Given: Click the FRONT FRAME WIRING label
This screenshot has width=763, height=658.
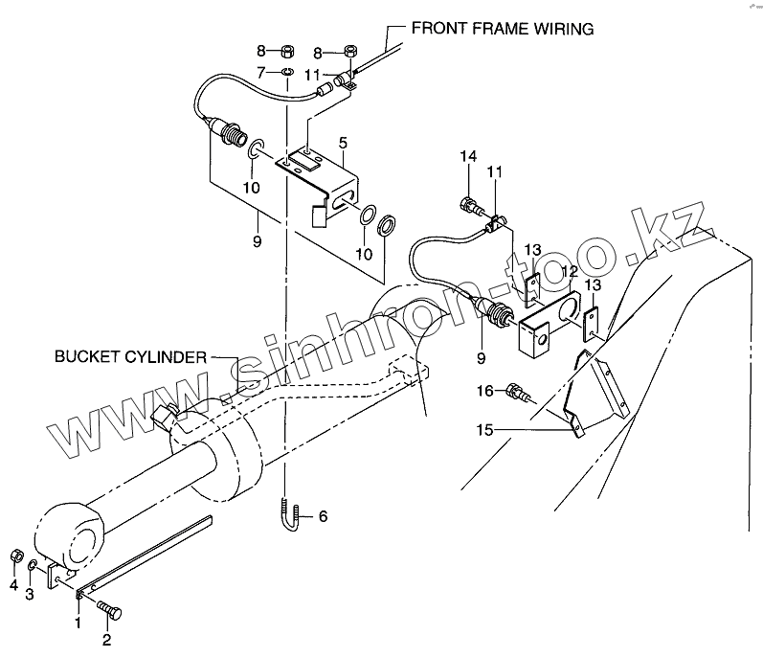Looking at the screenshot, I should tap(503, 28).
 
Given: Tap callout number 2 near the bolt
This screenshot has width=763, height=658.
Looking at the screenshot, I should tap(106, 640).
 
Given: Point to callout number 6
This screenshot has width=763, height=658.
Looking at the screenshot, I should tap(323, 516).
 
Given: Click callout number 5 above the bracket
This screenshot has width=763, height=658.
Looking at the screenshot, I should tap(343, 142).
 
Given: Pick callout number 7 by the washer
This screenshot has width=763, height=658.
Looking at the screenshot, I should tap(260, 72).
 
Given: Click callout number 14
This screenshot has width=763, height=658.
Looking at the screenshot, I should tap(468, 156).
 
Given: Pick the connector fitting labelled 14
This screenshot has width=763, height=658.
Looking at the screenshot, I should tap(470, 202).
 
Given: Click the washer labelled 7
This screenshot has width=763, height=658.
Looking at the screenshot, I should tap(286, 72).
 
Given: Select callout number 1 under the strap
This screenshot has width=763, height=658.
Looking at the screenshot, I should tap(78, 624).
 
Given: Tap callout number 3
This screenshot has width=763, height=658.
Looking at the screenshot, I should tap(29, 595).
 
